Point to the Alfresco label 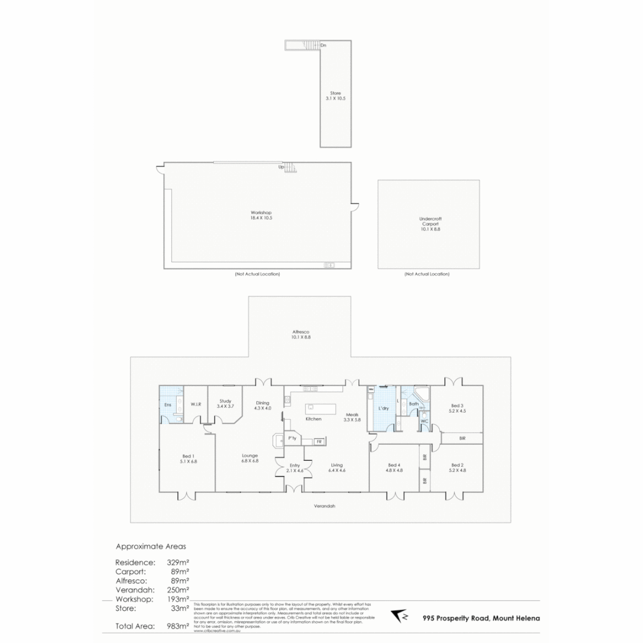[x=301, y=332]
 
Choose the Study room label [x=225, y=401]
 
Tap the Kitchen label [x=313, y=419]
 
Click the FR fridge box [x=319, y=441]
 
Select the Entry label [x=295, y=465]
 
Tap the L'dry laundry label [x=384, y=408]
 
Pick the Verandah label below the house [x=324, y=506]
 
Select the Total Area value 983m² [x=178, y=626]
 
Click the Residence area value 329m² [x=178, y=562]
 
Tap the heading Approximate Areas [x=150, y=545]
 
